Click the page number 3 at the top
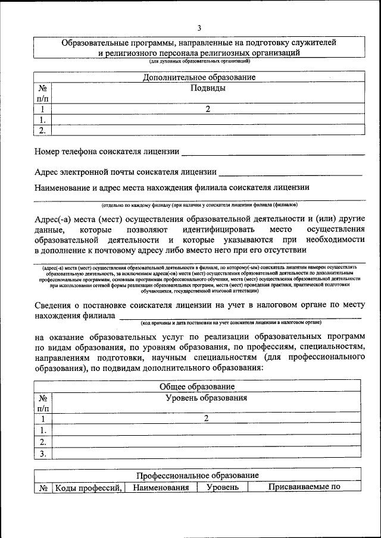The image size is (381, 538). point(199,28)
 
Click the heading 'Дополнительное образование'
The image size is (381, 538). point(199,77)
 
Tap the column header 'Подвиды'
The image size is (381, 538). point(207,88)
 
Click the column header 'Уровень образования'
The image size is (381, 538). point(206,398)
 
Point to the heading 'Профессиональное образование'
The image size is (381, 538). point(197,476)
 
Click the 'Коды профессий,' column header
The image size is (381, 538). point(89,487)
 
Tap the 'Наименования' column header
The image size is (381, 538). point(161,487)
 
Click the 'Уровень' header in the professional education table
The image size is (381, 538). point(223,487)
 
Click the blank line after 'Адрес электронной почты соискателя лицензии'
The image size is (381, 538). point(291,174)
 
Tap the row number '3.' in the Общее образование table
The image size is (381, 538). point(43,454)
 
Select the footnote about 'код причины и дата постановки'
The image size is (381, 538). point(231,322)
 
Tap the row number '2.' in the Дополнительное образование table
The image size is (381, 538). point(43,130)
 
